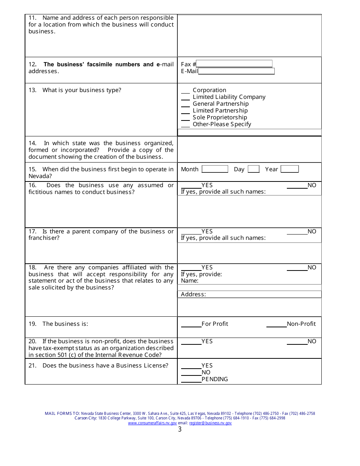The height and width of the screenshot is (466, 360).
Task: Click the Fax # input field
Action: point(234,64)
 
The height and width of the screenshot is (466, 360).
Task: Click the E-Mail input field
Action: point(236,71)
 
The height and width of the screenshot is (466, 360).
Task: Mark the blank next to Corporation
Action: point(185,91)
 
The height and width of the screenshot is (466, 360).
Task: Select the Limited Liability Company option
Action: point(185,97)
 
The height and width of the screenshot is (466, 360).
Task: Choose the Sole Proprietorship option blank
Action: point(185,118)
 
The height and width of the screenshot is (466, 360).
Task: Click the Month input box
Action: point(215,169)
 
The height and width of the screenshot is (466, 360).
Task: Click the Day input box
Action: point(254,169)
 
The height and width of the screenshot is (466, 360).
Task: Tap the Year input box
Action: point(290,169)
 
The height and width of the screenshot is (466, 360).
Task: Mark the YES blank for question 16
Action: point(191,186)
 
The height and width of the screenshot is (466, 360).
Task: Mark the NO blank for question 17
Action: point(297,232)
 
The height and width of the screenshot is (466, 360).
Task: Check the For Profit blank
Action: point(191,324)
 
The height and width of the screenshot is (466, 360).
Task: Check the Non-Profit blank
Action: point(276,324)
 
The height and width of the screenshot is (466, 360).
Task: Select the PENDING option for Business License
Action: point(191,380)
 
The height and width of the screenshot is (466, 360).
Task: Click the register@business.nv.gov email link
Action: point(210,423)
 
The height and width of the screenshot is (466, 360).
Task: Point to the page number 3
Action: point(180,430)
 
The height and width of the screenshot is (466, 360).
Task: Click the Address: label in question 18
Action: point(193,294)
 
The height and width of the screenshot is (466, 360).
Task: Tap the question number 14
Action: point(32,143)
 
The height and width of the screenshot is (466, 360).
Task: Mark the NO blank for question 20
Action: point(297,342)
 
